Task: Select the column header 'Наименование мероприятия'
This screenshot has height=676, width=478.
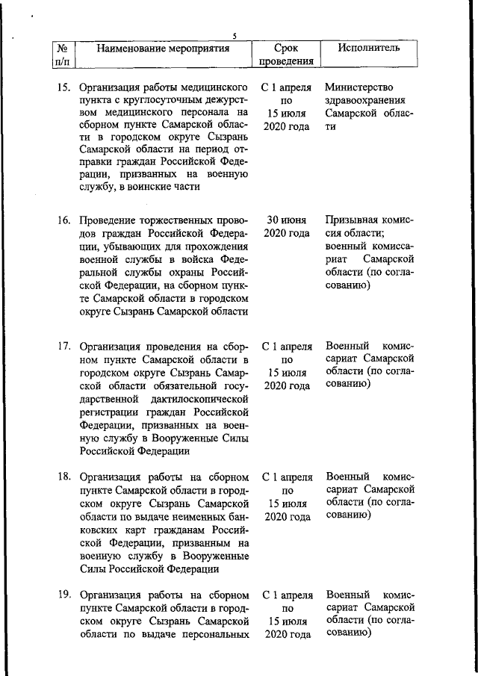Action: pos(163,49)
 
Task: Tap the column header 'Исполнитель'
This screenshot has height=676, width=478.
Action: pos(368,49)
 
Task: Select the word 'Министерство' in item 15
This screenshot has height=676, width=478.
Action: pos(359,87)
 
